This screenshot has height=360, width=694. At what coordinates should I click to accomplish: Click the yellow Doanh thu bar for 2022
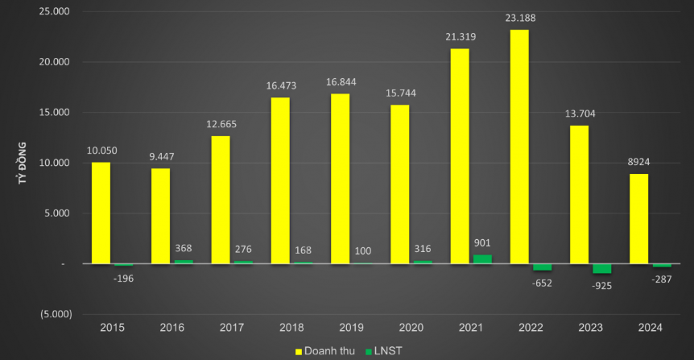(519, 147)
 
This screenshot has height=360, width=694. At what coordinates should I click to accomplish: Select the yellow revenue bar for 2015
(101, 213)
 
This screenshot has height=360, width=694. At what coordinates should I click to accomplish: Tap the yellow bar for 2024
(638, 218)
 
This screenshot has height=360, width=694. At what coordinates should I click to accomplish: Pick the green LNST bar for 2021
(482, 259)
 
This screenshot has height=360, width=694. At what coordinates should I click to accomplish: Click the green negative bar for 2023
(602, 268)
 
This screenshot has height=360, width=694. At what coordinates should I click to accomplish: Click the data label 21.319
(460, 38)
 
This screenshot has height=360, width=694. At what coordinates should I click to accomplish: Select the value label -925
(601, 286)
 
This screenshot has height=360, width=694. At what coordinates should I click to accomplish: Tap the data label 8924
(639, 163)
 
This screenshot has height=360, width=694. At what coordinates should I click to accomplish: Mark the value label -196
(123, 278)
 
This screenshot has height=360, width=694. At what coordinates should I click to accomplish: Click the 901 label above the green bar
(482, 242)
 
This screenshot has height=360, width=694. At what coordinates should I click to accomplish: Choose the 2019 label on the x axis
(351, 327)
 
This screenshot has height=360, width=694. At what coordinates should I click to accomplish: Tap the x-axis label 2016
(171, 327)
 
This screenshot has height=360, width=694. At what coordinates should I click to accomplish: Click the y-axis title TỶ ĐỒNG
(22, 163)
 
